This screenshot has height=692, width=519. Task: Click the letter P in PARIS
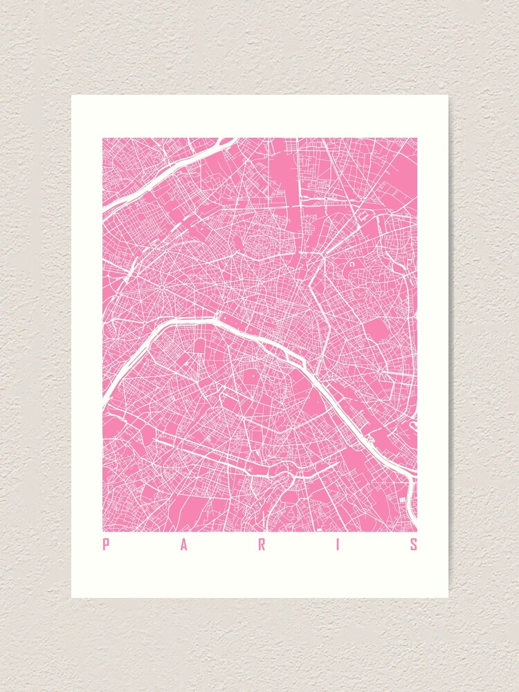pyautogui.click(x=106, y=545)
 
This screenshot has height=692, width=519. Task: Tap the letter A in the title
pyautogui.click(x=184, y=545)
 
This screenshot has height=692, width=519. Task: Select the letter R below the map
pyautogui.click(x=262, y=545)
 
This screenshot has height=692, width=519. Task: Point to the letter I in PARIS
pyautogui.click(x=339, y=545)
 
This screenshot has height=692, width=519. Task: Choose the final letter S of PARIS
pyautogui.click(x=414, y=545)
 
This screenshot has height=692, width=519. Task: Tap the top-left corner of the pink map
pyautogui.click(x=103, y=138)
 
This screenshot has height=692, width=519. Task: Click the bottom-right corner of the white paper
pyautogui.click(x=448, y=597)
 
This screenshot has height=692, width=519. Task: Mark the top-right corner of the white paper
pyautogui.click(x=448, y=95)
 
